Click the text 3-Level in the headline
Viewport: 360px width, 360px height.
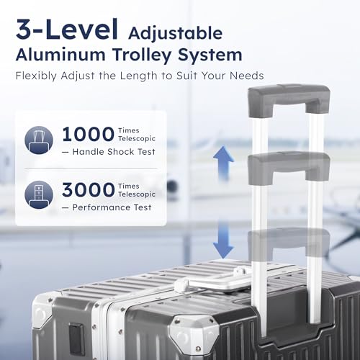(67, 29)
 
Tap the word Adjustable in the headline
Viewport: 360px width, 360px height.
(175, 35)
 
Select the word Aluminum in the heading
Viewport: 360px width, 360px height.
(60, 55)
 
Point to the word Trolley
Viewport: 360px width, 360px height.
(143, 55)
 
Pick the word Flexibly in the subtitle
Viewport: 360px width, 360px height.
(36, 76)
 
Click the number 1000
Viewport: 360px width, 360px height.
(88, 135)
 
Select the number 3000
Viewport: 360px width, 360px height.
(88, 190)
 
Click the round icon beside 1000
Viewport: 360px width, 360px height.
(39, 140)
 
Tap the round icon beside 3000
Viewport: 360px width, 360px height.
(39, 194)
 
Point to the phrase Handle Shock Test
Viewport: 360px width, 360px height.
(114, 152)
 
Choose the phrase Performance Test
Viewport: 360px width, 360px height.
(112, 207)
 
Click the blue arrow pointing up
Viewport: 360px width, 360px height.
(223, 163)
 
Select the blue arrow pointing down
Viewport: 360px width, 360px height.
(223, 239)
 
